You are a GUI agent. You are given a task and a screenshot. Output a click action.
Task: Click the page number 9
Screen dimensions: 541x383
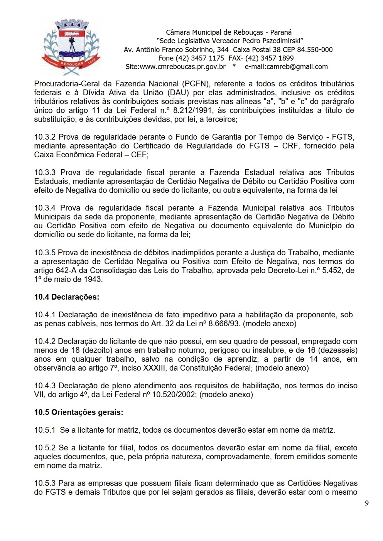click(x=366, y=503)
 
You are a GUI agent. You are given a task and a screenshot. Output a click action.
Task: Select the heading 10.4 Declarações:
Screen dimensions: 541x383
click(x=66, y=297)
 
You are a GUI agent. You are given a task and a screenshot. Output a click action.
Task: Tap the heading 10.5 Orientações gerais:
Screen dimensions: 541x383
click(x=78, y=412)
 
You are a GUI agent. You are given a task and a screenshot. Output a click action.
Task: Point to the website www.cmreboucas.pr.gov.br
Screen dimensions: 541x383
click(x=182, y=67)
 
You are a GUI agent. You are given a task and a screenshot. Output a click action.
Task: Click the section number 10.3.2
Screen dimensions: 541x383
click(x=45, y=137)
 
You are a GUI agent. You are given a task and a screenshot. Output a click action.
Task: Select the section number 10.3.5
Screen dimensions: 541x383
click(x=45, y=253)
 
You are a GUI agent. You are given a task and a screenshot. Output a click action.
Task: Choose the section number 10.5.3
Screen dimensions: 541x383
click(x=45, y=483)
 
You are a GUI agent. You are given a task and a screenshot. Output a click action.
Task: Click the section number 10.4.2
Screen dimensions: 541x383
click(x=45, y=341)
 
